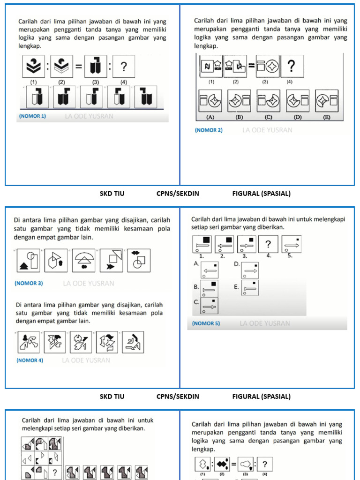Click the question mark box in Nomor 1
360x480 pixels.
point(123,67)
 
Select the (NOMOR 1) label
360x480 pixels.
point(32,116)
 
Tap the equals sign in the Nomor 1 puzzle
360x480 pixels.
point(79,67)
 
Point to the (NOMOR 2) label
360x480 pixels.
point(209,130)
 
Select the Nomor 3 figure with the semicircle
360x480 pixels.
point(84,260)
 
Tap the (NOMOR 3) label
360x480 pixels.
point(29,283)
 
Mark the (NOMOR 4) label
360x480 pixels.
point(30,360)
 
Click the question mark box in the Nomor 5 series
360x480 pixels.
point(268,244)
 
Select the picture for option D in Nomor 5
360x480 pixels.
point(249,270)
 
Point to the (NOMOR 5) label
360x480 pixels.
point(206,323)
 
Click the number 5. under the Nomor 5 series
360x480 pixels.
point(290,256)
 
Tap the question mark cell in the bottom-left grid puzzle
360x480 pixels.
point(55,472)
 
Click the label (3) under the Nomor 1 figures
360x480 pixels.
point(96,82)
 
